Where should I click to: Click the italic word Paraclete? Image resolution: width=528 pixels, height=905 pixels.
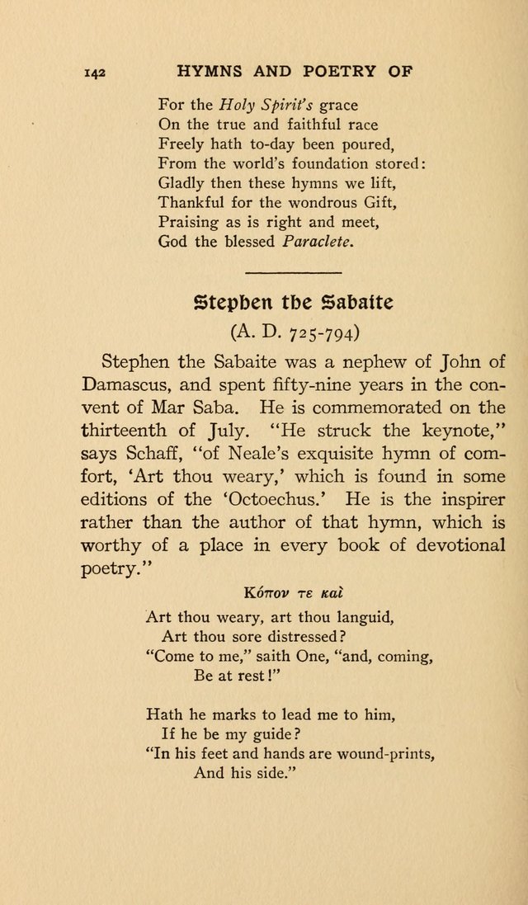click(x=317, y=242)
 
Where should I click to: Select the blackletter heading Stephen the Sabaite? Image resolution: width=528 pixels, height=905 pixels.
click(x=293, y=302)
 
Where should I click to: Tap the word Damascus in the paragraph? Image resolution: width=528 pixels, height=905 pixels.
click(x=127, y=385)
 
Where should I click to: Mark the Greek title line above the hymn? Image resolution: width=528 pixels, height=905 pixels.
click(x=293, y=592)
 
